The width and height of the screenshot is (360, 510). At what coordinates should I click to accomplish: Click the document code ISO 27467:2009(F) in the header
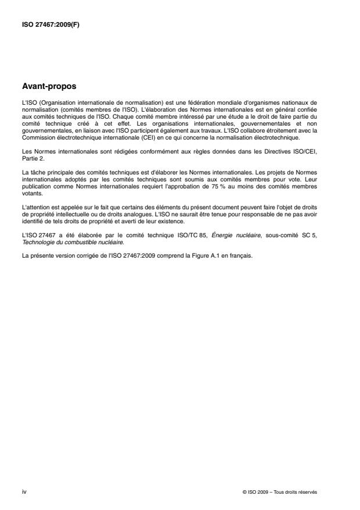point(45,24)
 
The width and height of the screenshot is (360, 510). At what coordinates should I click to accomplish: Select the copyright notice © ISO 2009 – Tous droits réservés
point(280,491)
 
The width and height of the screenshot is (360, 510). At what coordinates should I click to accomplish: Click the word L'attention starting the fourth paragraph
point(35,206)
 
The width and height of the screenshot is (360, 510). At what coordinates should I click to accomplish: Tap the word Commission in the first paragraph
point(37,137)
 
